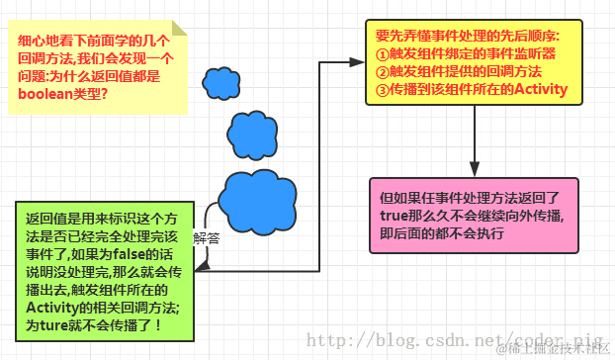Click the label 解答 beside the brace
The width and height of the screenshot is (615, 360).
[x=207, y=237]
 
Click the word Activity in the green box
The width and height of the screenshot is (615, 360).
[x=51, y=308]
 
